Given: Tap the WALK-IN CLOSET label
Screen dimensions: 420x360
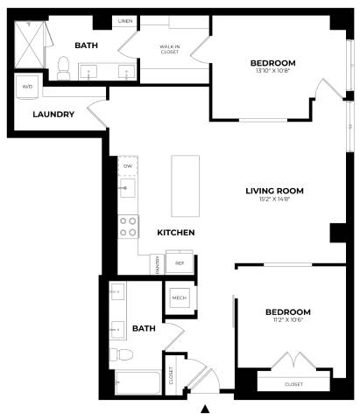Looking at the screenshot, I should [170, 49].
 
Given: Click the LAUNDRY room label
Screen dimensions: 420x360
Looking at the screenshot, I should [53, 114].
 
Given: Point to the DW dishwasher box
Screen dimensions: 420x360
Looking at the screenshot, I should [128, 164].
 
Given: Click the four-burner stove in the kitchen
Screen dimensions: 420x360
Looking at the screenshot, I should [128, 227].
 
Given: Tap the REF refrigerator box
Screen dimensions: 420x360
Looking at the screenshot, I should [180, 262].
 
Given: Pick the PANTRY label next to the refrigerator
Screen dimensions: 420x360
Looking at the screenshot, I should [155, 262].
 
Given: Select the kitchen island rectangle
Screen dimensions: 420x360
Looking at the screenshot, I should [187, 185].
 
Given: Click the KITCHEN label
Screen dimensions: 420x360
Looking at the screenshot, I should [175, 233].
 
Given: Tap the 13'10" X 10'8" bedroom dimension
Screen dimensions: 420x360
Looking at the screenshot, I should [272, 71].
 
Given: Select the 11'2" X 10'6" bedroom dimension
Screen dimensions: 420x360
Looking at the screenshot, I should [288, 321].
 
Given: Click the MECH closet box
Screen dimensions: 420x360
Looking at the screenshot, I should [179, 299].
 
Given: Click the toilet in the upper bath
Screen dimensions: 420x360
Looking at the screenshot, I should [63, 65].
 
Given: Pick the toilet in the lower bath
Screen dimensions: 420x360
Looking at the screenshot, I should [123, 353].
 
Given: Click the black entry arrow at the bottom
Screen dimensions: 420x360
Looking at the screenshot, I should [206, 409].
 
